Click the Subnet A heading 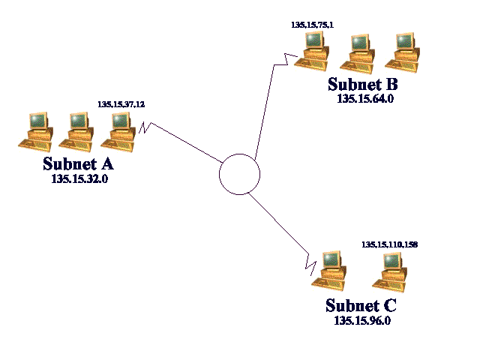[78, 164]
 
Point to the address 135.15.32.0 [79, 179]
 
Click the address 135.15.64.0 [364, 97]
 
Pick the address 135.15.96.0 [362, 320]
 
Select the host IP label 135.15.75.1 [312, 25]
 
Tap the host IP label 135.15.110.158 [389, 244]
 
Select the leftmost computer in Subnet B [313, 51]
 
